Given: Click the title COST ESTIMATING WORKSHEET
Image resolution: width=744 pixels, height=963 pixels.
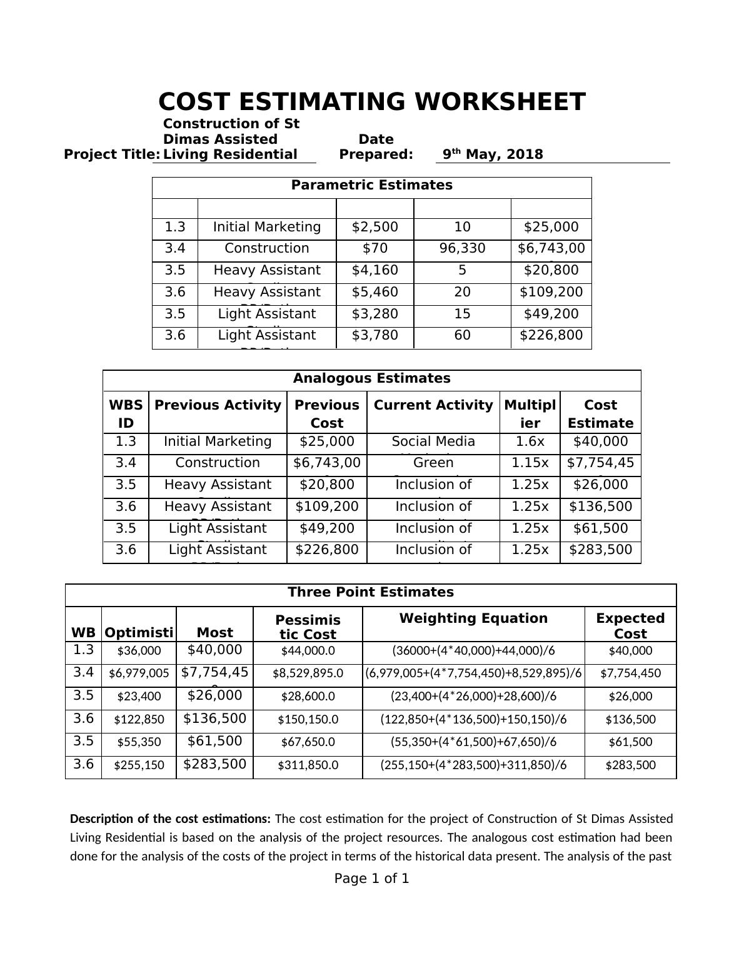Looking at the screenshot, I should click(372, 102).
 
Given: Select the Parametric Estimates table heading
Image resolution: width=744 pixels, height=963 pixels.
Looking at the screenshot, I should click(371, 185).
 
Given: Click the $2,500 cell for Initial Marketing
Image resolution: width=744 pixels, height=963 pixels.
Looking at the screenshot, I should click(375, 227).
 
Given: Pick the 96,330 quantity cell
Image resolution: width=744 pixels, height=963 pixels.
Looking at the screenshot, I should click(462, 248).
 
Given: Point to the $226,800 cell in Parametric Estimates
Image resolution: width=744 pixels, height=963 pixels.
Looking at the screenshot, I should click(551, 335).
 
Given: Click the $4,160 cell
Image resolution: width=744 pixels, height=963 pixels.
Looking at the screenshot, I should click(375, 270).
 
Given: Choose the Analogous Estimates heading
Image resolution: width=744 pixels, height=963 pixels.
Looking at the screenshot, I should click(371, 378).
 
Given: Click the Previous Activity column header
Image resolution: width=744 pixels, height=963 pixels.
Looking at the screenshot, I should click(218, 405).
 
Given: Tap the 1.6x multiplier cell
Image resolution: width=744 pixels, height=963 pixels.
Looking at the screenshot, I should click(530, 441).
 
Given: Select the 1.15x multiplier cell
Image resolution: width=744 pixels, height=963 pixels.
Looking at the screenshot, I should click(530, 463).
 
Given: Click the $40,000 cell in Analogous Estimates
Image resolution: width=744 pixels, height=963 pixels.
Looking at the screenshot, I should click(600, 441).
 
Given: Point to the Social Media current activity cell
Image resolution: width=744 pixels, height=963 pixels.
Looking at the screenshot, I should click(433, 441).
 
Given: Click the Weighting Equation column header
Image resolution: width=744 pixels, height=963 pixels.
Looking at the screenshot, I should click(473, 618).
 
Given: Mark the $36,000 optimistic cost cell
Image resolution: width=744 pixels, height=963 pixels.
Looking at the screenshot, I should click(139, 651).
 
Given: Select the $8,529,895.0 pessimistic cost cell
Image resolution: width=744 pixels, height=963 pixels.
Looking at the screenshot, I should click(308, 673).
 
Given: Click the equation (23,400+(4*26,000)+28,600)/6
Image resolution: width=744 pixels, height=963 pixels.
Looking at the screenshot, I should click(473, 697).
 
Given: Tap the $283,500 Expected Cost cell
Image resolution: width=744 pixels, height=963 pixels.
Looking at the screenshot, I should click(630, 765).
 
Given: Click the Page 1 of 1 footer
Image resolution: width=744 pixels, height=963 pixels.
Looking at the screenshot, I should click(371, 879).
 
